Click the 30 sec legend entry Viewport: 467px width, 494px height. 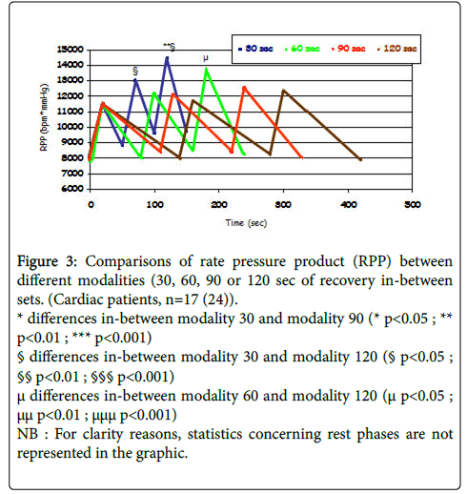tap(255, 49)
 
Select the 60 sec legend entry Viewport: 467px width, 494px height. tap(302, 49)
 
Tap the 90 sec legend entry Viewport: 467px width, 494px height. tap(348, 49)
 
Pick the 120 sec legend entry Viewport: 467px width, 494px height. tap(396, 49)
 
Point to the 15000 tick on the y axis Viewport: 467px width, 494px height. tap(71, 50)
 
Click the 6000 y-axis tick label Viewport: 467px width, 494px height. tap(72, 189)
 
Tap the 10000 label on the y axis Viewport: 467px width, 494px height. tap(71, 127)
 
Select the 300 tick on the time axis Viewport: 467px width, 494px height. tap(283, 204)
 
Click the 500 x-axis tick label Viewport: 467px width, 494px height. tap(413, 204)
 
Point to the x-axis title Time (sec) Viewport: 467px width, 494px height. tap(246, 223)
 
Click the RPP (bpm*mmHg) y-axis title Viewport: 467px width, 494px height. tap(44, 117)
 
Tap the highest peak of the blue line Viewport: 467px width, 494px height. tap(167, 58)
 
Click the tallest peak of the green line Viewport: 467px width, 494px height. tap(207, 69)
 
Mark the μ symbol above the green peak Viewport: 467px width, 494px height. tap(206, 58)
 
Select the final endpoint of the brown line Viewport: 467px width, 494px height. tap(360, 159)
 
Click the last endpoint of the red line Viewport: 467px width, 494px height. tap(302, 157)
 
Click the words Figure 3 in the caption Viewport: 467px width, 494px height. tap(47, 261)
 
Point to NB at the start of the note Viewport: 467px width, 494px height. tap(28, 434)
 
